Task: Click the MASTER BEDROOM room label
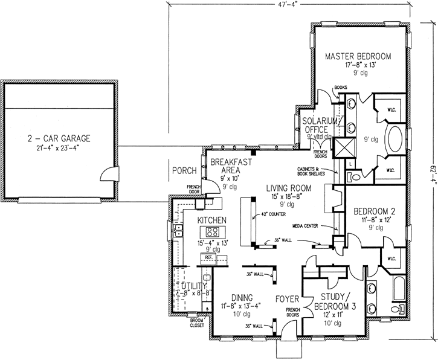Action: coord(358,56)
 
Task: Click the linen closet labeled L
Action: coord(352,164)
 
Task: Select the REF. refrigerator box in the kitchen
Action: coord(209,257)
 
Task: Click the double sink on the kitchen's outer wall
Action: coord(178,231)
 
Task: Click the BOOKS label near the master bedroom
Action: coord(324,87)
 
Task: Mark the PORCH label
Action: coord(182,170)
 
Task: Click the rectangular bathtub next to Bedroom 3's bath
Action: coord(398,289)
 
